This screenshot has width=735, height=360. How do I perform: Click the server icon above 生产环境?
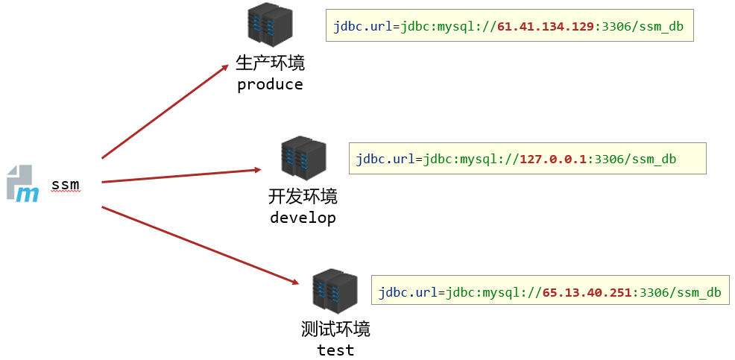point(270,25)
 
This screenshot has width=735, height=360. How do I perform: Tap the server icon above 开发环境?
point(303,158)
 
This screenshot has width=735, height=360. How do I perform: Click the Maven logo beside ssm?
point(23,184)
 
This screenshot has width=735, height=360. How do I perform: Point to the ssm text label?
point(65,184)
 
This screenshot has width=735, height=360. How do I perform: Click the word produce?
point(270,84)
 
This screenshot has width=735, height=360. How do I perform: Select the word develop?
point(303,218)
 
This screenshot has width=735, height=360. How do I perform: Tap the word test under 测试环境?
point(335,350)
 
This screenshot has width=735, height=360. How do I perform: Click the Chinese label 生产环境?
point(270,63)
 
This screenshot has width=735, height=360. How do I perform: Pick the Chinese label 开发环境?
point(303,196)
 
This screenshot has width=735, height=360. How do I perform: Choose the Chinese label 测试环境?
point(335,329)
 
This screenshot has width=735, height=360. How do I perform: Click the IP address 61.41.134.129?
point(546,25)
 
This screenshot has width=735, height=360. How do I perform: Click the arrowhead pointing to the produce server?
point(224,68)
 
